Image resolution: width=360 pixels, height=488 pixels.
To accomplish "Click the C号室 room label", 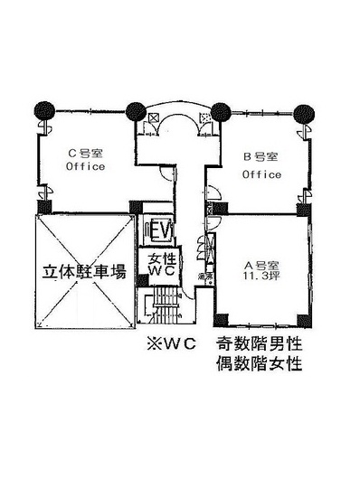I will coord(86,154).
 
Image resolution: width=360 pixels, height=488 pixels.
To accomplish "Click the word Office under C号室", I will coord(86,166).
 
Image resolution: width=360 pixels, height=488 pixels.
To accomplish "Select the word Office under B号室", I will coord(261,174).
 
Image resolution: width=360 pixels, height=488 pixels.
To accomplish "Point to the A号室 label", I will coord(261,264).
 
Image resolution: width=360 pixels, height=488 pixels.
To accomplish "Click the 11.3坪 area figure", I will coord(261,277).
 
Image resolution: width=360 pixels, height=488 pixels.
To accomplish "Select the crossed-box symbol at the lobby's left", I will coord(153,118).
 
